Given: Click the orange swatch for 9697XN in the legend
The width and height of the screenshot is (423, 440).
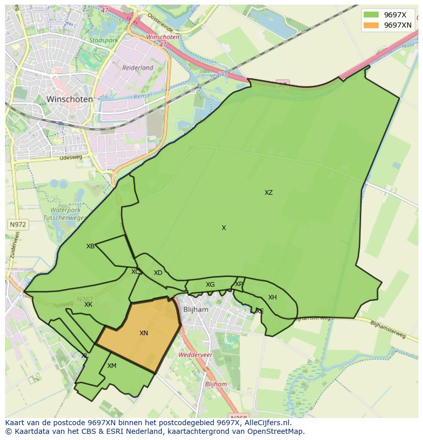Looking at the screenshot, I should tap(371, 25).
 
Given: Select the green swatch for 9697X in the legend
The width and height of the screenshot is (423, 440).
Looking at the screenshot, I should tap(371, 14).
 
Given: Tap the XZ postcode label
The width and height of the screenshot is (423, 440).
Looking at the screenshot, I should tap(268, 193).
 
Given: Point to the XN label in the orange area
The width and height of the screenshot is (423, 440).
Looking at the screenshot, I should tap(144, 333).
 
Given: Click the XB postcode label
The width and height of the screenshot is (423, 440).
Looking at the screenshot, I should tap(90, 246).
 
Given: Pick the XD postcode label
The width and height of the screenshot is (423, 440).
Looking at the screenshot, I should tap(158, 273).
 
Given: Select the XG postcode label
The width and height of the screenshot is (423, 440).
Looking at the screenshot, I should tap(210, 285).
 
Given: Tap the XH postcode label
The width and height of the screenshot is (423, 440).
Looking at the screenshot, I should tap(272, 297).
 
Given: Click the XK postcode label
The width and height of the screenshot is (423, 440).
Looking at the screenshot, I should tap(88, 305).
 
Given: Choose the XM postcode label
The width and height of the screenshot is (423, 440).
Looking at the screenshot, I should tap(112, 366).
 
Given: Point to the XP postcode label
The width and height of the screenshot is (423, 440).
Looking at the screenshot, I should tap(239, 284).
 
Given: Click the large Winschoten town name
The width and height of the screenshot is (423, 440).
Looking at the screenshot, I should tap(69, 99).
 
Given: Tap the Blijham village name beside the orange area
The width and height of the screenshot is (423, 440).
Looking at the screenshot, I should tap(196, 310).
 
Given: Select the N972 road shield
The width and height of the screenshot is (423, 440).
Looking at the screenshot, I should tap(17, 224).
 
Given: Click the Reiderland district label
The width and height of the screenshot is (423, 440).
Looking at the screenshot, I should tap(137, 67).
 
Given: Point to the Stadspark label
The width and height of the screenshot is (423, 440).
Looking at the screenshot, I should tap(103, 40).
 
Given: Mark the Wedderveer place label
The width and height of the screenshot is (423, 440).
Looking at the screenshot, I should tap(192, 354).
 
